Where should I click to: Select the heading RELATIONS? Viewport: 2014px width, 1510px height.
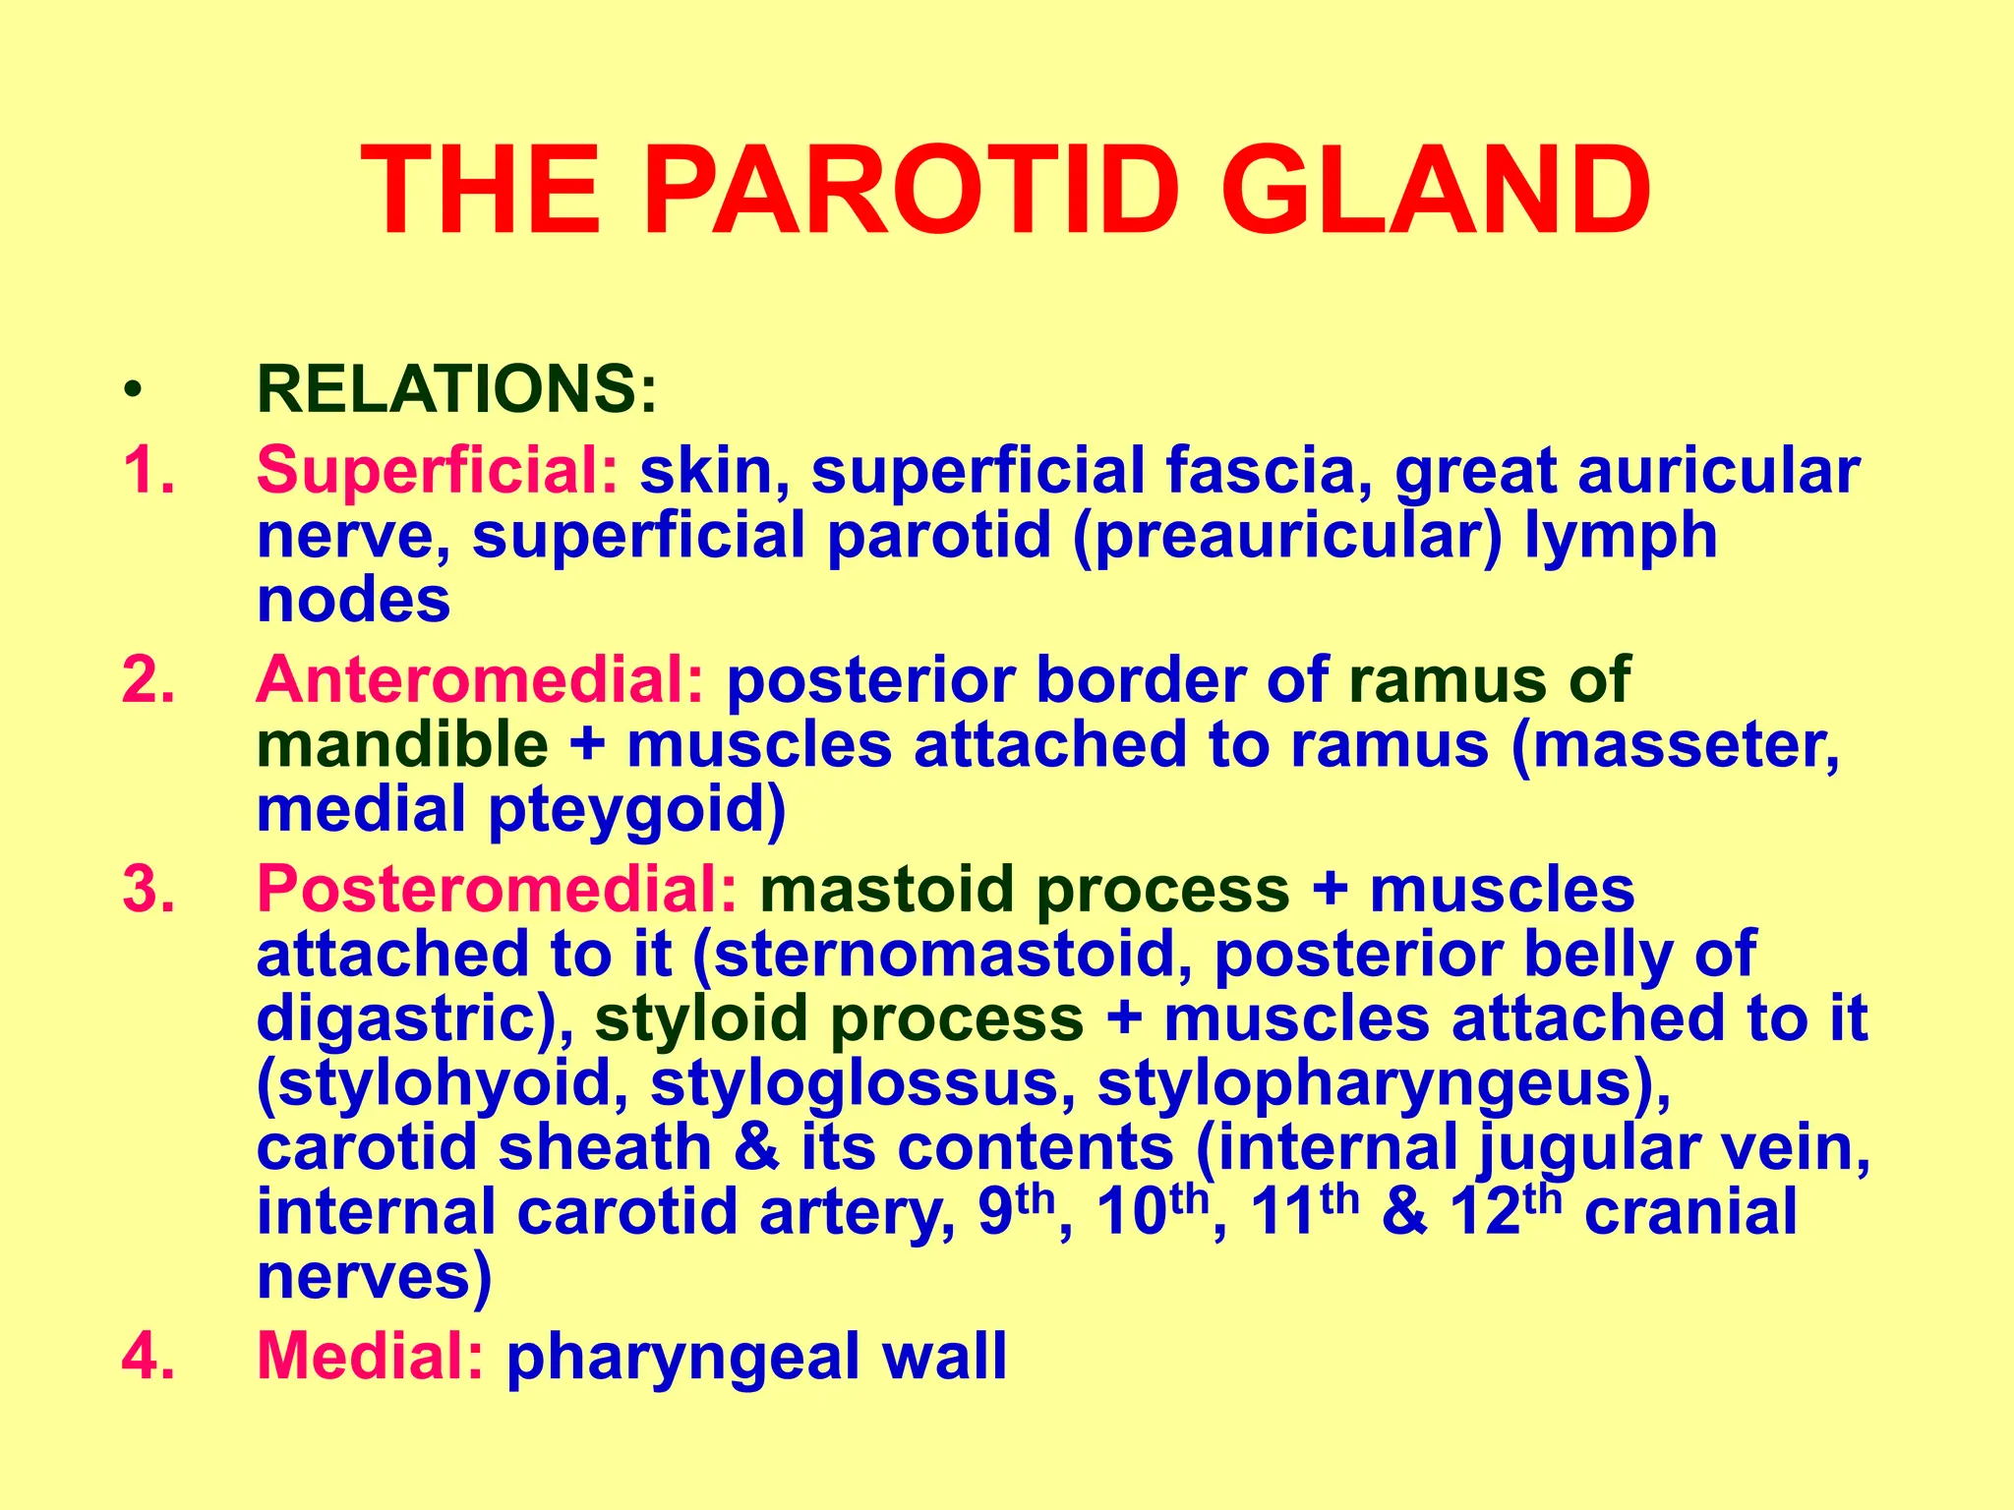(456, 389)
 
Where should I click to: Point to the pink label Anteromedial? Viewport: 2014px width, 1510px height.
(480, 680)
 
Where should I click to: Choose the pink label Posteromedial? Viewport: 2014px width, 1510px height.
(497, 890)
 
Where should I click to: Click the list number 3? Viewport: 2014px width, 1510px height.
(148, 890)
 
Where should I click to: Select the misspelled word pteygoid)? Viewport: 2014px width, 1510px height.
(638, 810)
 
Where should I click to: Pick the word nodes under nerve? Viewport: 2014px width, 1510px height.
(353, 602)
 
